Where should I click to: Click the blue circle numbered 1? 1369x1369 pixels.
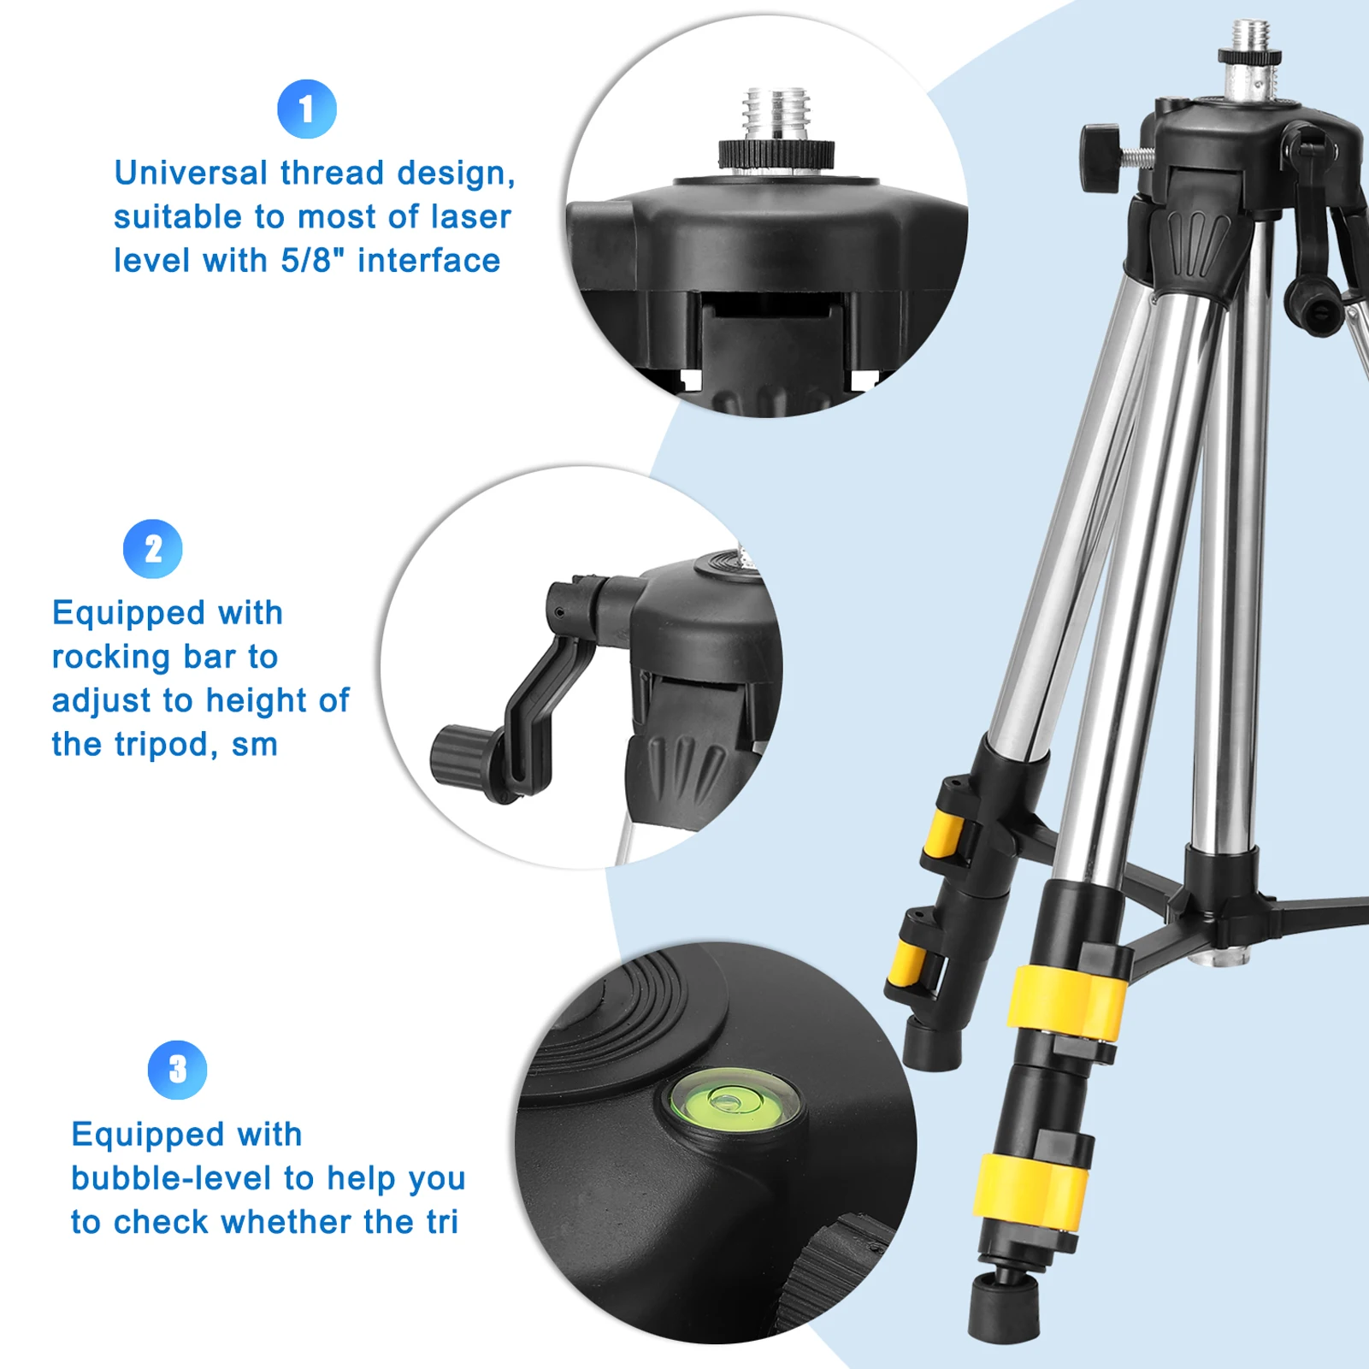tap(306, 109)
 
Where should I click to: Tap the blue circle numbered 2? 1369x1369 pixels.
tap(153, 549)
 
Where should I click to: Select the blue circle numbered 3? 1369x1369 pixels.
tap(177, 1069)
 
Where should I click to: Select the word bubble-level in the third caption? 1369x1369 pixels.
tap(172, 1178)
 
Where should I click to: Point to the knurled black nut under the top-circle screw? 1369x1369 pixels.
tap(776, 155)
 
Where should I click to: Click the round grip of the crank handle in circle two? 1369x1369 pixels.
tap(462, 755)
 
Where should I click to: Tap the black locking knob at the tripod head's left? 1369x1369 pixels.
tap(1100, 156)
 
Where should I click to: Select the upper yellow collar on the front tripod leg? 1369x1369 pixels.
tap(1066, 1001)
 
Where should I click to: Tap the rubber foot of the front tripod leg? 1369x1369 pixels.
tap(1004, 1308)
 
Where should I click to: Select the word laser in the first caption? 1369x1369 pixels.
tap(471, 217)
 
